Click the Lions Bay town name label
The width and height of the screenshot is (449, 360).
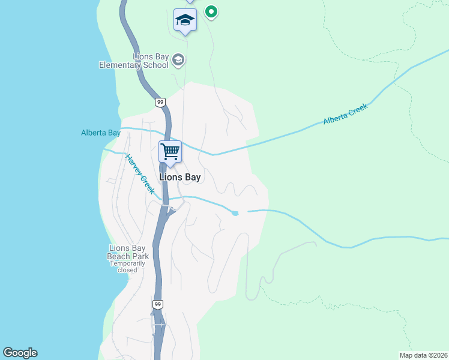coord(180,178)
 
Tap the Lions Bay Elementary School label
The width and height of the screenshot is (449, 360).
coord(134,61)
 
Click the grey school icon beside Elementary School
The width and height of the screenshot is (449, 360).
coord(178,59)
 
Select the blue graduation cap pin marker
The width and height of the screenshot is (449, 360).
coord(185,21)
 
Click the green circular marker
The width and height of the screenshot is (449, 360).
coord(211,11)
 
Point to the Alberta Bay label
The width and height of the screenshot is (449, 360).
coord(101,133)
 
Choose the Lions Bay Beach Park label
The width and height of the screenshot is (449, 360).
coord(128,252)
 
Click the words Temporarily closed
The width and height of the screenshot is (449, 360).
coord(127,266)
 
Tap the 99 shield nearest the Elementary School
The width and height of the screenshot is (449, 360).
coord(160,103)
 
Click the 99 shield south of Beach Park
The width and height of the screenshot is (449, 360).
coord(157,305)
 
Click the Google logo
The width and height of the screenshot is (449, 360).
coord(20,353)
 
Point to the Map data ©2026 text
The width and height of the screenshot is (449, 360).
coord(423,355)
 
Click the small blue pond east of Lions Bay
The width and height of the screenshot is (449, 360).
coord(235,213)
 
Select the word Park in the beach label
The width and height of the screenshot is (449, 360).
coord(140,256)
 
